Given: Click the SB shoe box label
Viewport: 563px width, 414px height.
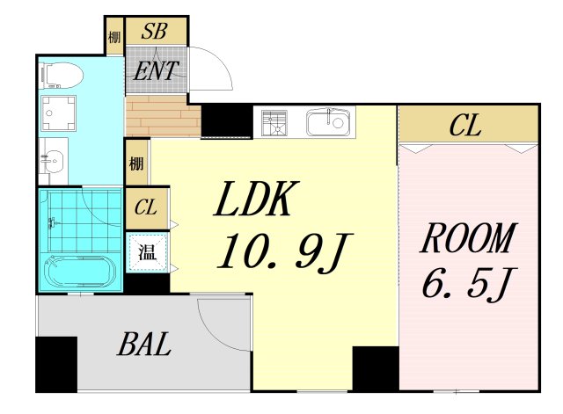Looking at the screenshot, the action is point(154,31).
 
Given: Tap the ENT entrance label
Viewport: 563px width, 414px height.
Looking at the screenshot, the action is point(156,70).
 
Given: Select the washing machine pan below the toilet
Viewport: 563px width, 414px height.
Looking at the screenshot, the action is point(58,113).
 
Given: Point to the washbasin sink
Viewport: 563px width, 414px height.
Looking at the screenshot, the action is point(53,161).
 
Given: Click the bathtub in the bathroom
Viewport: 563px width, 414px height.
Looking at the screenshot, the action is point(80,272).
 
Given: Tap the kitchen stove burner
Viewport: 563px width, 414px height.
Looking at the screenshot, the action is point(274,123).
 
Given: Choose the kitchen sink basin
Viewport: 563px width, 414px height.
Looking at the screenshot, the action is point(328,123).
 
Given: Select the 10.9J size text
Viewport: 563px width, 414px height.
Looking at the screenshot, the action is point(283,252).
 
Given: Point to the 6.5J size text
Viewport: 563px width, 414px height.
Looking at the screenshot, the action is point(469,283).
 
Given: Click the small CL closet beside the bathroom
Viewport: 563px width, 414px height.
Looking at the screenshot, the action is point(146,207).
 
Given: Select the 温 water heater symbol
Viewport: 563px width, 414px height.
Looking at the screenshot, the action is point(147,252).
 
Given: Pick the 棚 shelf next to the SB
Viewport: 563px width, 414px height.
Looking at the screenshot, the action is point(114,37).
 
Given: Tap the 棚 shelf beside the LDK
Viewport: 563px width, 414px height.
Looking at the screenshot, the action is point(136,163).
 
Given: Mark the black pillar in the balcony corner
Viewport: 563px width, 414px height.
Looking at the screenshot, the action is point(56,364).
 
